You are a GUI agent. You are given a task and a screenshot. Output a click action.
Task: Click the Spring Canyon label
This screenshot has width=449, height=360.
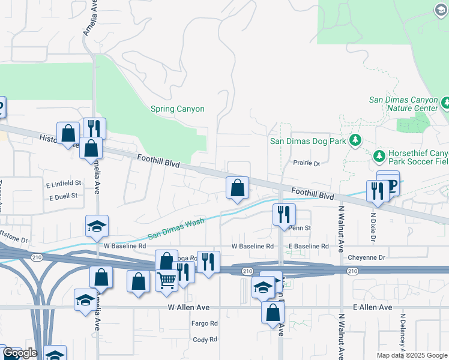177,109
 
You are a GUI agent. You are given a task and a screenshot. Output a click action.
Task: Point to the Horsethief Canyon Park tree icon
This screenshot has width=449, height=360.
379,157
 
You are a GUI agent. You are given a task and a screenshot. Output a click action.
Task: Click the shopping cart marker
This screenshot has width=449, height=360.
166,280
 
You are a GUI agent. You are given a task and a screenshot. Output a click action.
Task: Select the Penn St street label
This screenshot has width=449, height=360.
300,228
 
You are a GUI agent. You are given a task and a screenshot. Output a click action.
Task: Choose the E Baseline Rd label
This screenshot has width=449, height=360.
309,247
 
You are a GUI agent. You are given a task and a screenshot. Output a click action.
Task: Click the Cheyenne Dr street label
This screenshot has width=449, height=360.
366,257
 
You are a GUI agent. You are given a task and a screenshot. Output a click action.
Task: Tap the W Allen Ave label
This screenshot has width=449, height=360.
188,307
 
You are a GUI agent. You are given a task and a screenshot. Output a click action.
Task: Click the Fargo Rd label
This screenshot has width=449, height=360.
205,323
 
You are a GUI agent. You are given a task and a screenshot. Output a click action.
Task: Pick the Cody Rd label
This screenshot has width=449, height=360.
205,340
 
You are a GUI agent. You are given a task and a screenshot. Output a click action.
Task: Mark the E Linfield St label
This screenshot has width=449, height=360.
63,182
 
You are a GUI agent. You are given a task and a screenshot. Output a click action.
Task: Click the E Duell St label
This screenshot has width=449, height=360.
64,196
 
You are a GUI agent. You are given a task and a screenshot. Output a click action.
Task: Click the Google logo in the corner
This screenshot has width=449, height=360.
20,353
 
